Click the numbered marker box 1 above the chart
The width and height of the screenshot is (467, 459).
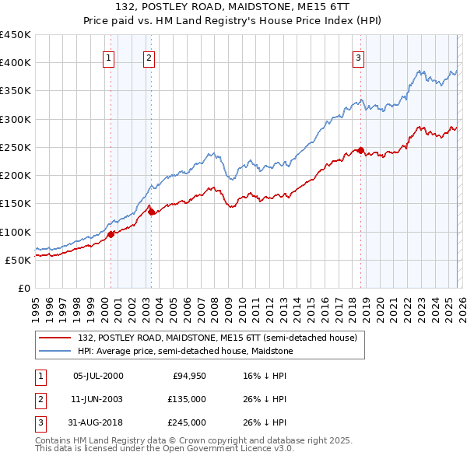point(108,57)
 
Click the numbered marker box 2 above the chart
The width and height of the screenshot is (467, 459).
point(149,57)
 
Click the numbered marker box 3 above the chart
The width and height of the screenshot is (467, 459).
point(358,57)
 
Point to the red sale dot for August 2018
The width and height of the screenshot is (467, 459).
point(361,150)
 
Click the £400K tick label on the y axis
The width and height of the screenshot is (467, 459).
point(16,63)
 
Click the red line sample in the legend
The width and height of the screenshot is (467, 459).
point(55,338)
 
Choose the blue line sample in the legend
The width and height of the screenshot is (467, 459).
point(55,352)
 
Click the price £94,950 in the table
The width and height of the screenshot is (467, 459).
point(188,376)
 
